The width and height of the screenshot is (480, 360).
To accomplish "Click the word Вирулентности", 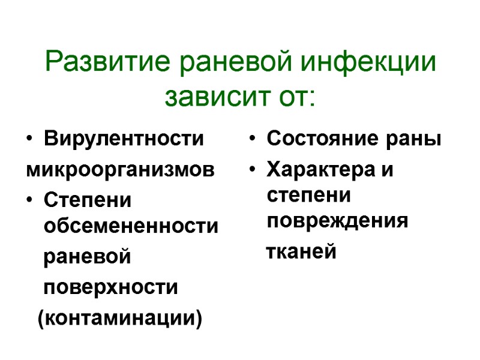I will [124, 139].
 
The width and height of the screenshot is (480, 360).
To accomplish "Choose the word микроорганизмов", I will [119, 169].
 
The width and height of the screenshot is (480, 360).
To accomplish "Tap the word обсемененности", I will [131, 226].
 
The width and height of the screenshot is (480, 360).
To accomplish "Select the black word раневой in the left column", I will [87, 257].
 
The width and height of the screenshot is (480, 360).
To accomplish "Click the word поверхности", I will [110, 287].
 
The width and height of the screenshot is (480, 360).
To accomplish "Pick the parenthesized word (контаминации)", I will [120, 317].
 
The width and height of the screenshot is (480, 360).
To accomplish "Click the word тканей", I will [301, 252].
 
